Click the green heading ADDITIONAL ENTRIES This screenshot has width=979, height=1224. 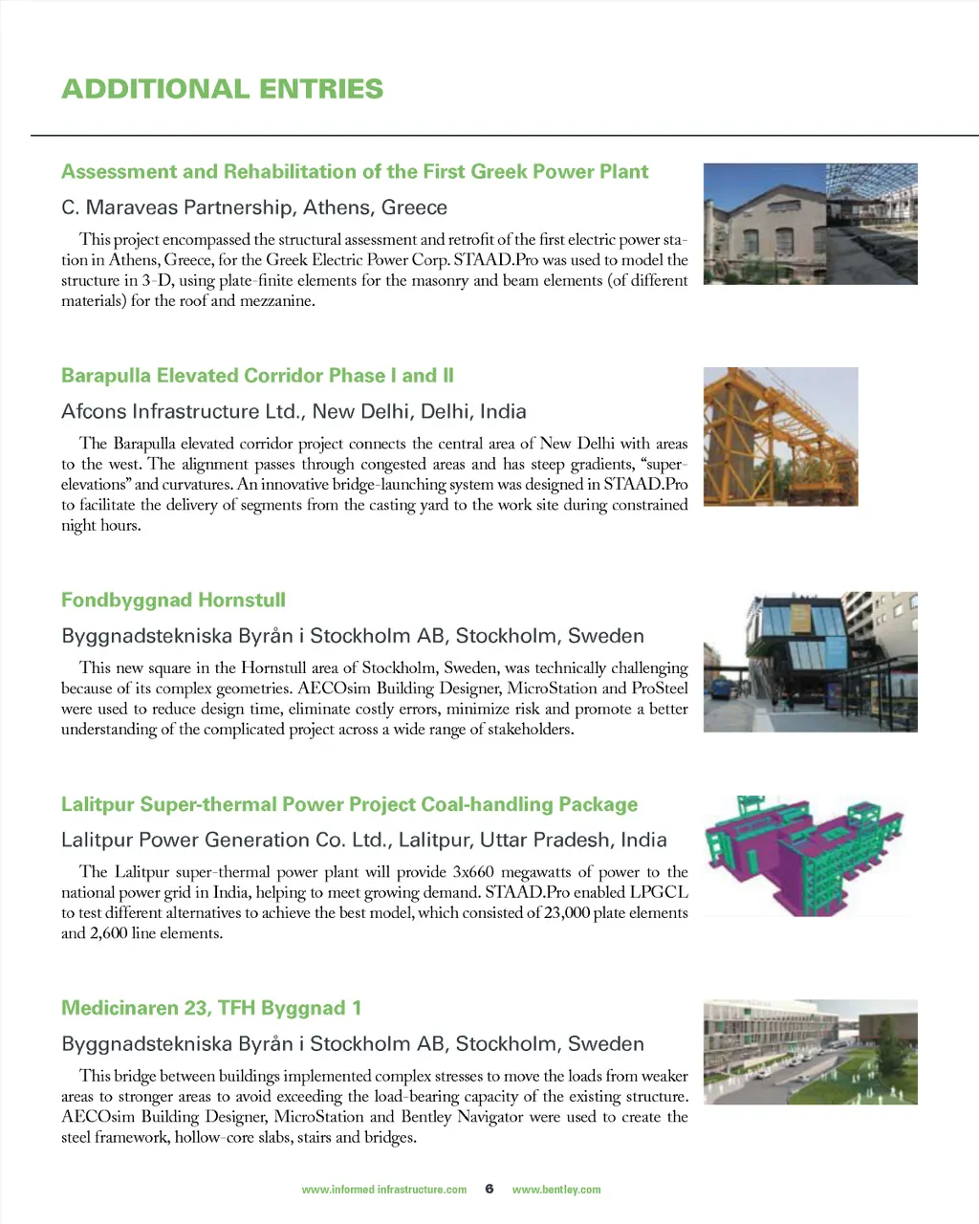(x=222, y=89)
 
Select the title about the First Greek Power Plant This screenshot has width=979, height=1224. (x=355, y=172)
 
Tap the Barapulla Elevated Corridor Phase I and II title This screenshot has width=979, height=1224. (x=257, y=376)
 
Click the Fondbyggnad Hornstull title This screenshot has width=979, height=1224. (x=173, y=601)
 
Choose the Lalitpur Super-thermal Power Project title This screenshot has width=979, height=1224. (x=349, y=804)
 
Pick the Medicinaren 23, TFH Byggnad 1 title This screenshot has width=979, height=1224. (x=211, y=1008)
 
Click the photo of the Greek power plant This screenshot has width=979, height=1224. (x=810, y=224)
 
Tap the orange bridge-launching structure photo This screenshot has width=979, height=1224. (x=780, y=437)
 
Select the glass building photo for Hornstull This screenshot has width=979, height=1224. (x=810, y=662)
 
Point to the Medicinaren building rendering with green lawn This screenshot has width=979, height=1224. (x=810, y=1052)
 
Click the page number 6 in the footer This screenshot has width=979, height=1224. (x=489, y=1189)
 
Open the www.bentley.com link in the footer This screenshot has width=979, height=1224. (x=556, y=1190)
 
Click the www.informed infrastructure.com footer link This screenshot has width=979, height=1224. (x=383, y=1190)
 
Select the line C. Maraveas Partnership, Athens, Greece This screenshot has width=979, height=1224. (x=254, y=208)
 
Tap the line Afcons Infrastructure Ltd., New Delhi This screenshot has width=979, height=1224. (x=294, y=411)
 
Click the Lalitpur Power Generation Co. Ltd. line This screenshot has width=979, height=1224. (x=363, y=840)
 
